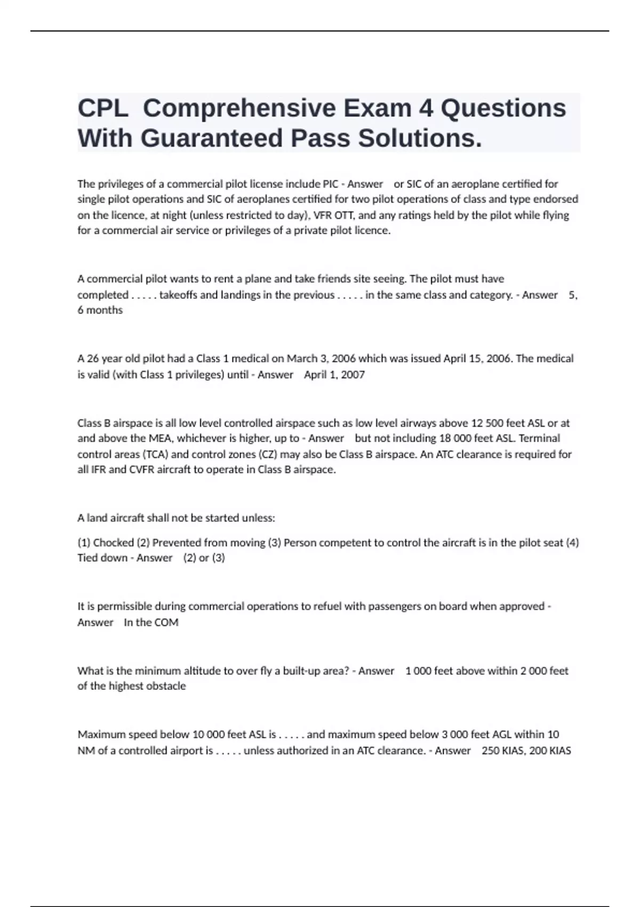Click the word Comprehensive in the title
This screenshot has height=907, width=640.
[x=277, y=108]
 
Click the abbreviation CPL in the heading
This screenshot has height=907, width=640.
[x=102, y=108]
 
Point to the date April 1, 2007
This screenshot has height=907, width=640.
[x=334, y=375]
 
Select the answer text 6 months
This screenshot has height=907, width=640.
[x=100, y=310]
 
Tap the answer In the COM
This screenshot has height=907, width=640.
[x=151, y=622]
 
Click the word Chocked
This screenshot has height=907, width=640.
[x=113, y=543]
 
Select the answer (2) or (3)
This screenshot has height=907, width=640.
[x=204, y=558]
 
